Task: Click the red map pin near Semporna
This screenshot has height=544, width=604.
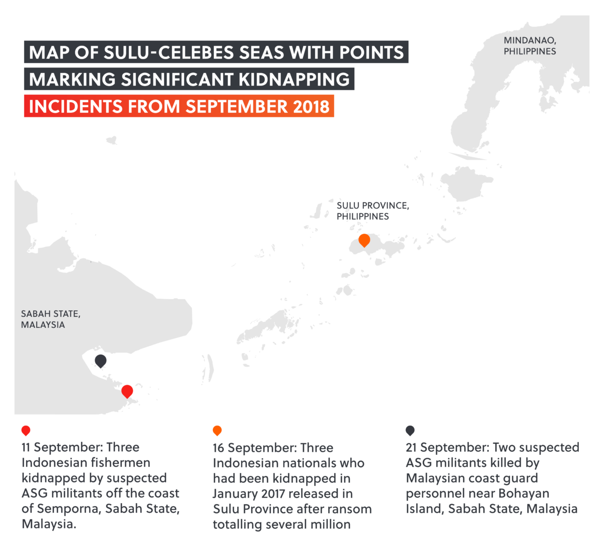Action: pyautogui.click(x=127, y=391)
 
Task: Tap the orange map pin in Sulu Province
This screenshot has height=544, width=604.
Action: pyautogui.click(x=364, y=240)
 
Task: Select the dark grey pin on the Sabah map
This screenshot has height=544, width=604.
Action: pyautogui.click(x=101, y=360)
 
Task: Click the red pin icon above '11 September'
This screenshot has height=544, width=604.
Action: pyautogui.click(x=26, y=431)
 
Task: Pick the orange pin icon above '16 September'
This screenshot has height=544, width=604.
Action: pyautogui.click(x=217, y=431)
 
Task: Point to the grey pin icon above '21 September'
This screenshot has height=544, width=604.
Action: pyautogui.click(x=410, y=431)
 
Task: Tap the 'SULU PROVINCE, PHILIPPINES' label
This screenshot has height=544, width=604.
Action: pyautogui.click(x=372, y=211)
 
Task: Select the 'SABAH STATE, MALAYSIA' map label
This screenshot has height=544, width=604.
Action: pyautogui.click(x=50, y=319)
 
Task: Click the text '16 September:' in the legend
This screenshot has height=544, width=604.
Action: pyautogui.click(x=255, y=448)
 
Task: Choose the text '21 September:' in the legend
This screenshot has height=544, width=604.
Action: pyautogui.click(x=447, y=447)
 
